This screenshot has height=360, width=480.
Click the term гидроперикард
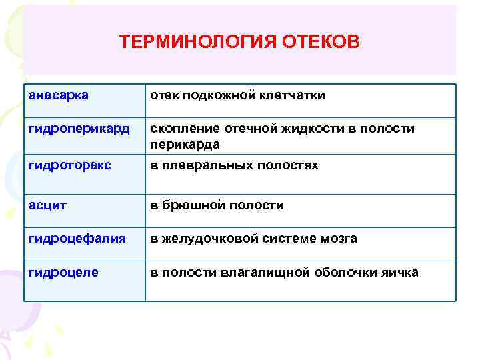tap(75, 129)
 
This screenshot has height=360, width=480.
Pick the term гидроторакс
tap(70, 165)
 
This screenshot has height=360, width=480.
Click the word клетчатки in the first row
tap(293, 95)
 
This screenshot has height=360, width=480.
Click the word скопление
tap(181, 129)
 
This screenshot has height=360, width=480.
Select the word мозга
tap(340, 238)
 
